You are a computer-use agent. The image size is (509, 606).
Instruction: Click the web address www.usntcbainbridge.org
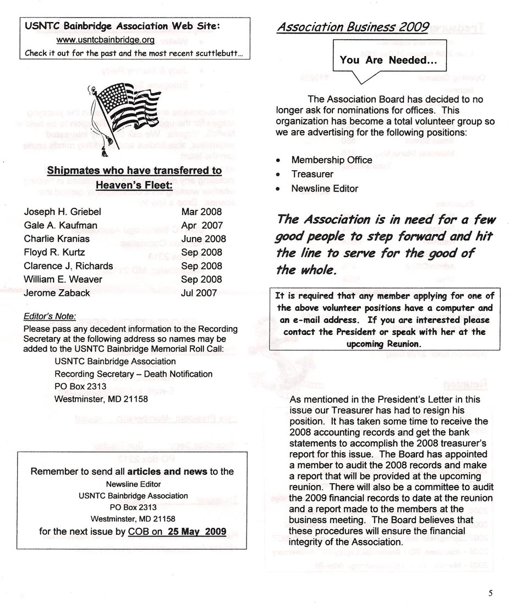click(106, 40)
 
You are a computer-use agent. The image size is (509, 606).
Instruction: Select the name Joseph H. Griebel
click(63, 212)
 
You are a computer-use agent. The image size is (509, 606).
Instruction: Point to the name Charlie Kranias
click(57, 239)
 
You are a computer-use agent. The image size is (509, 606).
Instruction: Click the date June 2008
click(203, 239)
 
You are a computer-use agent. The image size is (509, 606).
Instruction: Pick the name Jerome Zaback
click(57, 293)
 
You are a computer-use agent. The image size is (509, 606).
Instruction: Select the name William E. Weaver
click(63, 279)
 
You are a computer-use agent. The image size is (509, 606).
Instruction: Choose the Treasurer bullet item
click(313, 174)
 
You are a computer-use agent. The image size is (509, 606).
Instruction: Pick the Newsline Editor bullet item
click(325, 188)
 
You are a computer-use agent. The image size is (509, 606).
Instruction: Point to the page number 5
click(490, 593)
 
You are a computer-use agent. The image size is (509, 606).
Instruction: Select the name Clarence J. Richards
click(68, 266)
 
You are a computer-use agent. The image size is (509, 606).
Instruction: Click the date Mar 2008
click(201, 212)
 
